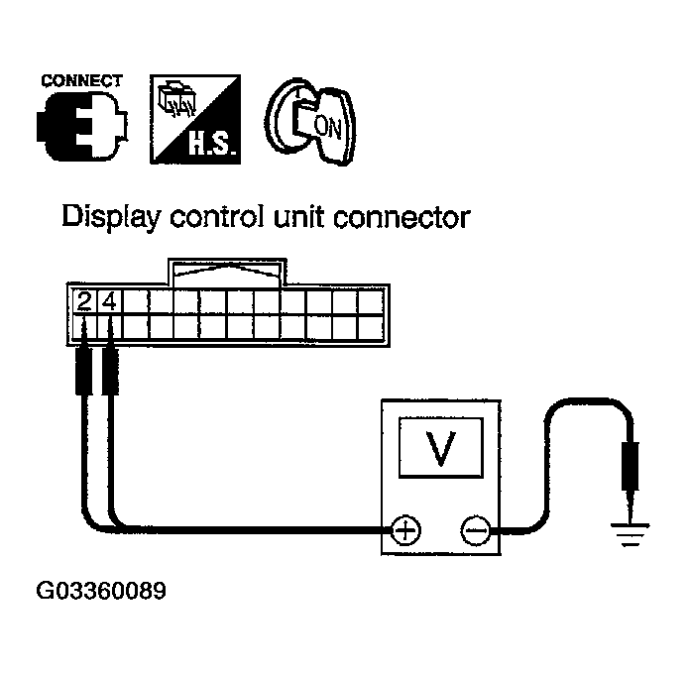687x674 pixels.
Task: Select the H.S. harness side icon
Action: [x=194, y=118]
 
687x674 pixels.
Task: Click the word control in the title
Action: [x=218, y=217]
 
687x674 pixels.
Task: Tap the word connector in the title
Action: [x=405, y=217]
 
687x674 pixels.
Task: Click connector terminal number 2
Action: [x=83, y=299]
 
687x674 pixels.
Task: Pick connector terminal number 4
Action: [x=109, y=299]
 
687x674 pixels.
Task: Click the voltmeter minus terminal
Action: [x=473, y=530]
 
